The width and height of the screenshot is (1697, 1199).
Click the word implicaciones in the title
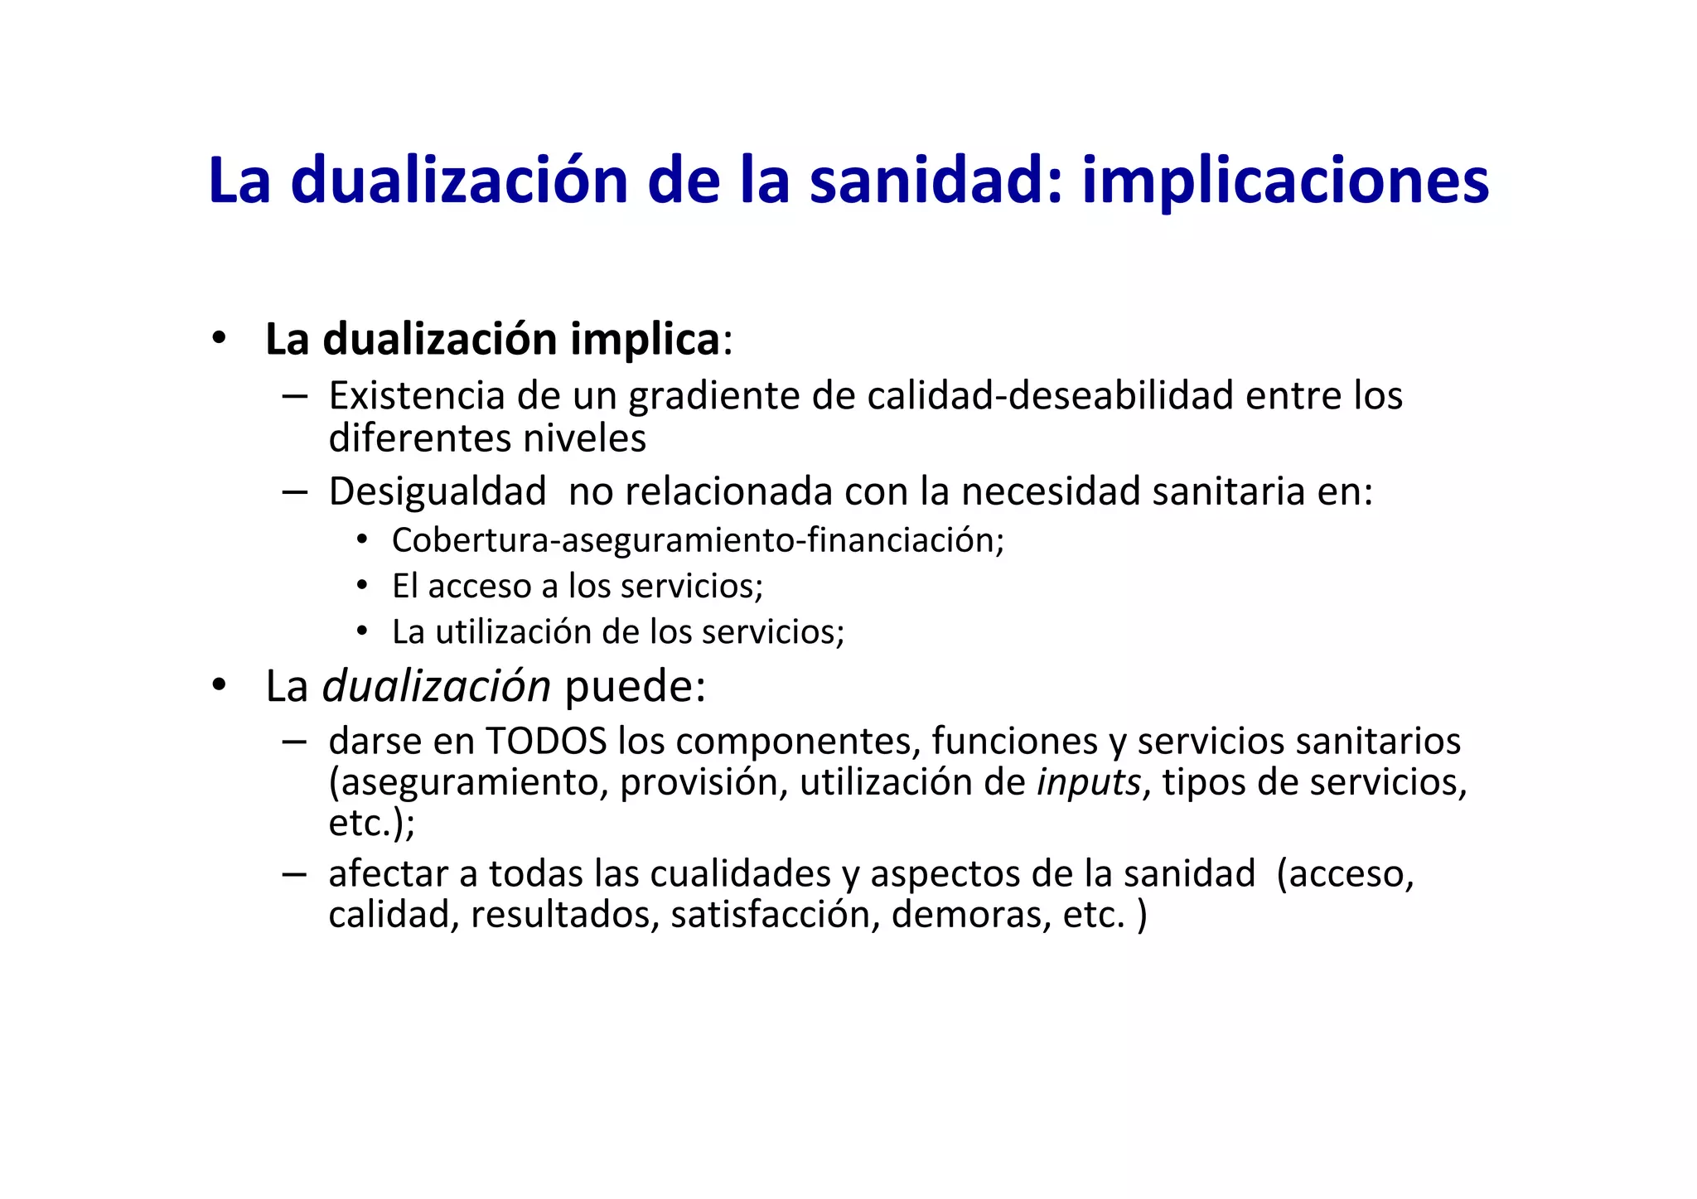[1285, 181]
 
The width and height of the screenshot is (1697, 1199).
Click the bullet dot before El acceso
[362, 586]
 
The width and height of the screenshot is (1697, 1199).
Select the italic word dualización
[436, 687]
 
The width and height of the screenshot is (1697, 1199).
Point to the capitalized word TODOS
[546, 741]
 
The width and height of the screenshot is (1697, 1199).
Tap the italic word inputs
[1088, 783]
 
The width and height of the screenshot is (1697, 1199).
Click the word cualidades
[740, 874]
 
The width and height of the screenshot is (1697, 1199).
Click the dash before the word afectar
[294, 874]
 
